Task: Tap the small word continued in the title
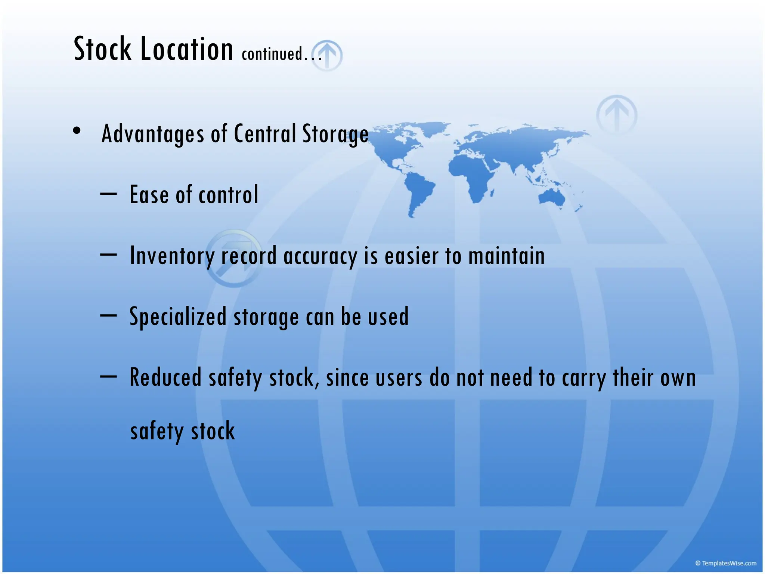pos(272,54)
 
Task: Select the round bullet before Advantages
pos(77,130)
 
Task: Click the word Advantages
pos(153,133)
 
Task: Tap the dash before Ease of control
pos(108,194)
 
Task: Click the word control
pos(228,195)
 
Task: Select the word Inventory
pos(172,256)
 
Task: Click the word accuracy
pos(320,256)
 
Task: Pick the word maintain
pos(507,256)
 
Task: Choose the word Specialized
pos(178,317)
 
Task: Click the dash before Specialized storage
pos(108,315)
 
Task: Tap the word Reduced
pos(165,377)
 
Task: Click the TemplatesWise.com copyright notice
pos(725,563)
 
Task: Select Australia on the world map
pos(552,197)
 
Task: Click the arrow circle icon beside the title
pos(328,55)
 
